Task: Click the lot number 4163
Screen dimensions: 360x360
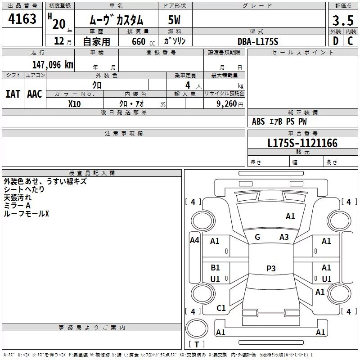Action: click(22, 19)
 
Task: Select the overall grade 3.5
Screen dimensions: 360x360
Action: click(343, 21)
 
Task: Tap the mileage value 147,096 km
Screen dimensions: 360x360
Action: click(53, 65)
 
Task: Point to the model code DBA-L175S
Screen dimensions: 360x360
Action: click(258, 41)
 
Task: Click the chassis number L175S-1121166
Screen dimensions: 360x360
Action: click(302, 143)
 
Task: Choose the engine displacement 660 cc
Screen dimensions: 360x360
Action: click(143, 42)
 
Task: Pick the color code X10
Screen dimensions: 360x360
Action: click(74, 104)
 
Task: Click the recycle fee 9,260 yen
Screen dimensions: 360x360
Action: click(230, 104)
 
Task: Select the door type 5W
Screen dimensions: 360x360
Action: click(174, 20)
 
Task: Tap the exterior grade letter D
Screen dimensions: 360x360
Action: click(336, 41)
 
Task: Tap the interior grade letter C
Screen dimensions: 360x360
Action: click(350, 41)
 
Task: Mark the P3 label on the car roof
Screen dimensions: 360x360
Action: click(271, 268)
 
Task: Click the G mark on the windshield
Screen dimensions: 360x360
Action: click(257, 237)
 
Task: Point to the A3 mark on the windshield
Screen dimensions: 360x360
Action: click(284, 237)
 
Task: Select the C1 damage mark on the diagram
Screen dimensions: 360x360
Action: click(221, 308)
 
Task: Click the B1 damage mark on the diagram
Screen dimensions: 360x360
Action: click(215, 268)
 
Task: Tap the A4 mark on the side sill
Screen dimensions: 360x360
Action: click(194, 240)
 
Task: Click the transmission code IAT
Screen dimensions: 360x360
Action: click(13, 94)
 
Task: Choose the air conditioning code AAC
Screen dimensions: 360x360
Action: click(35, 94)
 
